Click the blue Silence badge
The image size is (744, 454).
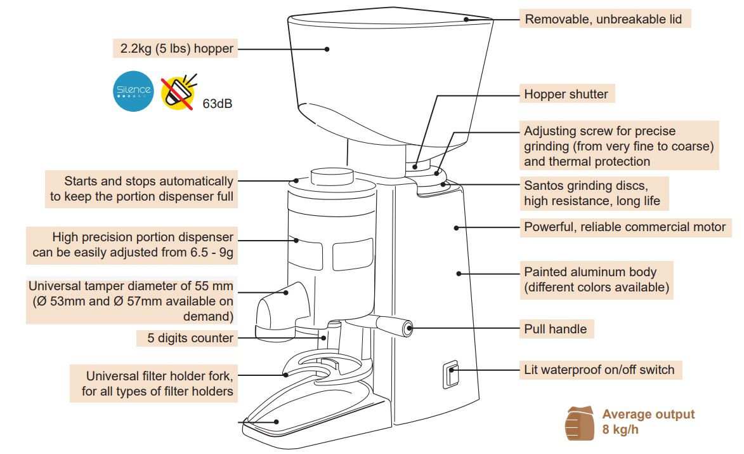pos(133,91)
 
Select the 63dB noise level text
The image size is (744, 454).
pos(218,103)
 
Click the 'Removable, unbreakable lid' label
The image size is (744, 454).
pos(603,19)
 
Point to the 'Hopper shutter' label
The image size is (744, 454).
pos(566,95)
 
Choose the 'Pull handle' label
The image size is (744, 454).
pos(555,330)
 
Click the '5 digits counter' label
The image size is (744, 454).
pos(190,338)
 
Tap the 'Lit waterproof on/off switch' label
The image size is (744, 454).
pos(599,370)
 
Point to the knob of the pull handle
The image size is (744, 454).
pos(403,328)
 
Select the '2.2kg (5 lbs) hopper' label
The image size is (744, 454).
pos(177,48)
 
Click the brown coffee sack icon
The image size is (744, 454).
pos(578,423)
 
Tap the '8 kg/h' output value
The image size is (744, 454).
pos(620,430)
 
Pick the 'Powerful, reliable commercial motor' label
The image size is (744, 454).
pos(625,227)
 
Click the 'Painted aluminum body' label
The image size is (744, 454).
pos(596,279)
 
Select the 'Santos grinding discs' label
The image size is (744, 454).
pos(592,194)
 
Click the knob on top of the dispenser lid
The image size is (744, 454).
pos(331,175)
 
